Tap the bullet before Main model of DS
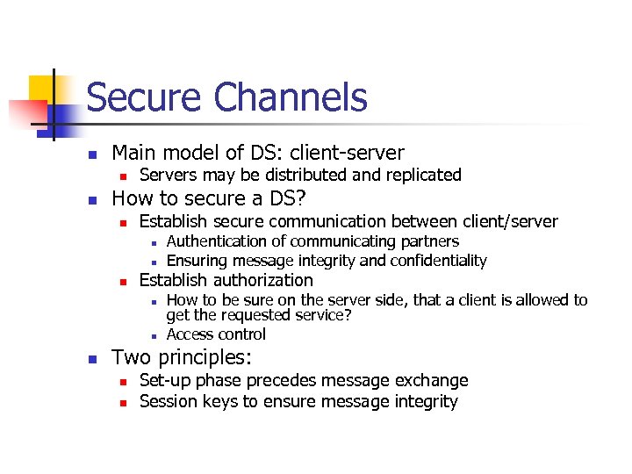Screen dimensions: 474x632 [90, 154]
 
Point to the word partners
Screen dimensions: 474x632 [430, 241]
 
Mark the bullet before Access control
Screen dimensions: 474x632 [152, 335]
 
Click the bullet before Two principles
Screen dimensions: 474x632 [90, 359]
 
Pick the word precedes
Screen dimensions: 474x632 [281, 381]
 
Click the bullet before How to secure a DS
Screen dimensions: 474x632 [90, 199]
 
